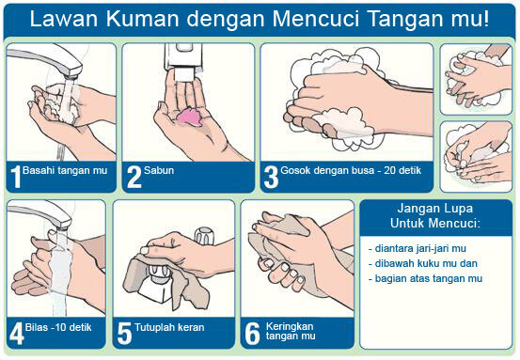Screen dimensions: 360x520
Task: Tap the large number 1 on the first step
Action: pos(15,175)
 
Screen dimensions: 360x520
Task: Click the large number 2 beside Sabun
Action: pos(134,175)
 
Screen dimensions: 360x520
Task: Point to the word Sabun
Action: pos(160,172)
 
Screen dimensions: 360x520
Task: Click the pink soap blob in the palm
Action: pos(188,117)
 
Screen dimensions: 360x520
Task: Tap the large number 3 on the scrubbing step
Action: pos(271,175)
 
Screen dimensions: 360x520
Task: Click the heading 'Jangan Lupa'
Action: pos(434,209)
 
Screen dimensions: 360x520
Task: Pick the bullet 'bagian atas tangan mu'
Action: pos(426,278)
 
